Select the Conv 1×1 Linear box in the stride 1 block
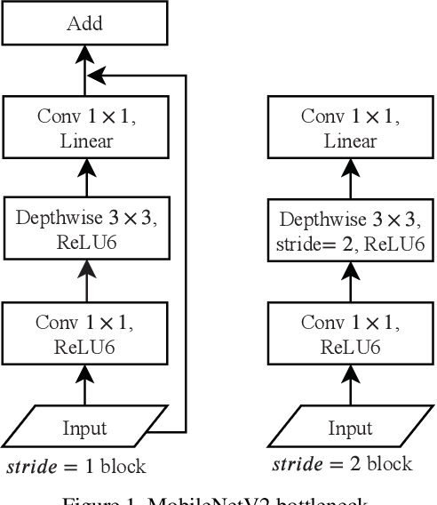click(x=85, y=130)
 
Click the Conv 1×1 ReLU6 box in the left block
click(x=85, y=329)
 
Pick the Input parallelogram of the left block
click(x=85, y=428)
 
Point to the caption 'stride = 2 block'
click(x=342, y=463)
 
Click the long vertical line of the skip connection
click(x=184, y=249)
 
